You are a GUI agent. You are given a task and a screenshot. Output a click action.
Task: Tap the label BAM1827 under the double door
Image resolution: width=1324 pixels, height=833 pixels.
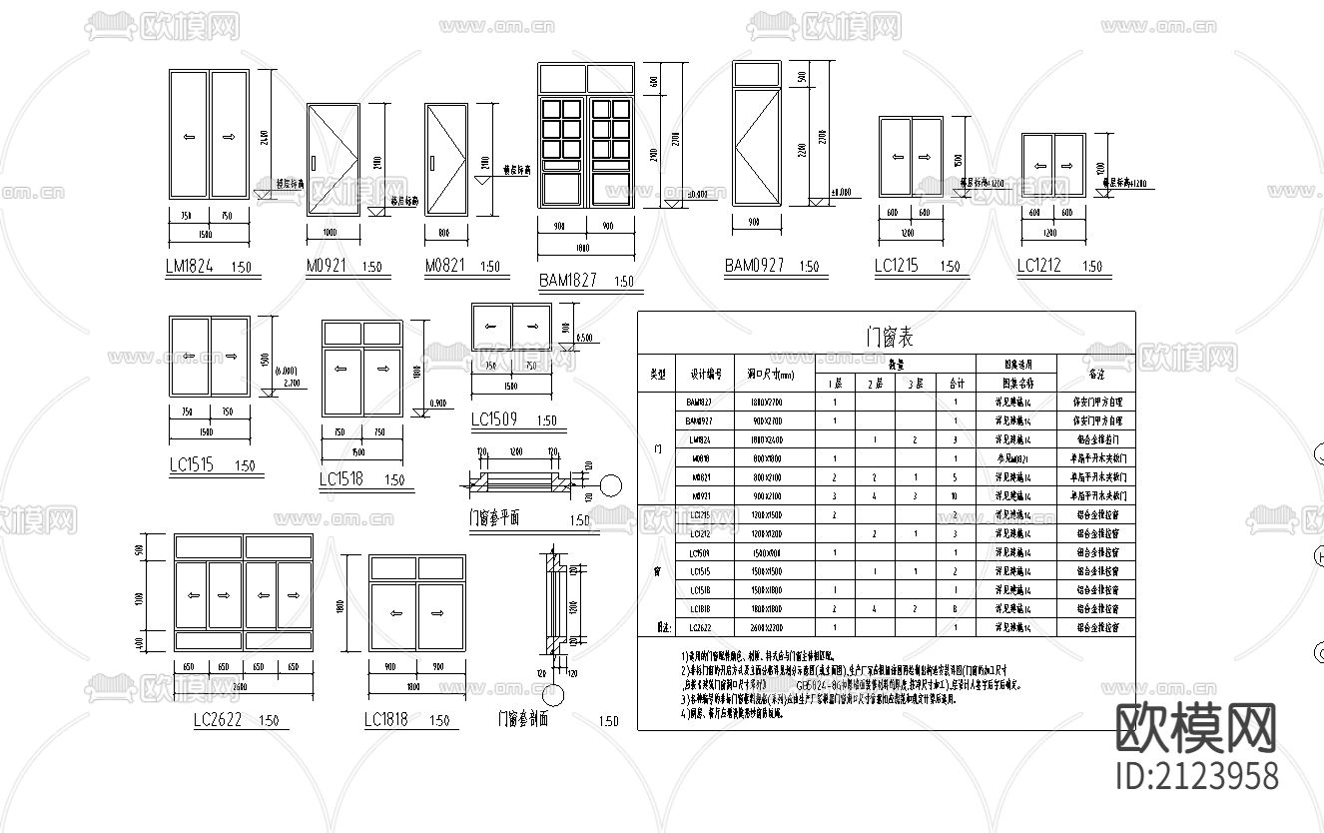[568, 281]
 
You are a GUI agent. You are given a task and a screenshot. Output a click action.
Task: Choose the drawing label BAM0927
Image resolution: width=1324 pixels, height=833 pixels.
[754, 266]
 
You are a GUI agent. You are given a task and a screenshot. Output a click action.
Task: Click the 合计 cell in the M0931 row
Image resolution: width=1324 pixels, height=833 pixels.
[956, 495]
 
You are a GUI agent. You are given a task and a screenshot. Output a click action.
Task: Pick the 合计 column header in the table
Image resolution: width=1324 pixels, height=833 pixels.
[956, 383]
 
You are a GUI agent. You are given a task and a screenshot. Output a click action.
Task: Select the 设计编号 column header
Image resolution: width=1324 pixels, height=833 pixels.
[705, 374]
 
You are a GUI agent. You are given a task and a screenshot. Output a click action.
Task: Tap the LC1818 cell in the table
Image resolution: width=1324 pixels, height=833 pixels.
[699, 608]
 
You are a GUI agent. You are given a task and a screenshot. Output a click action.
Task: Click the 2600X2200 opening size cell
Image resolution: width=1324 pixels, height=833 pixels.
[774, 628]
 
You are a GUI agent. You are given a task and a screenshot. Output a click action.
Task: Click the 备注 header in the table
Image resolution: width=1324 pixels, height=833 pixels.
[1095, 374]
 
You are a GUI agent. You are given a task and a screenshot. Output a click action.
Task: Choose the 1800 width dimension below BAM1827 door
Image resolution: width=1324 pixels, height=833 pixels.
[584, 247]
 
